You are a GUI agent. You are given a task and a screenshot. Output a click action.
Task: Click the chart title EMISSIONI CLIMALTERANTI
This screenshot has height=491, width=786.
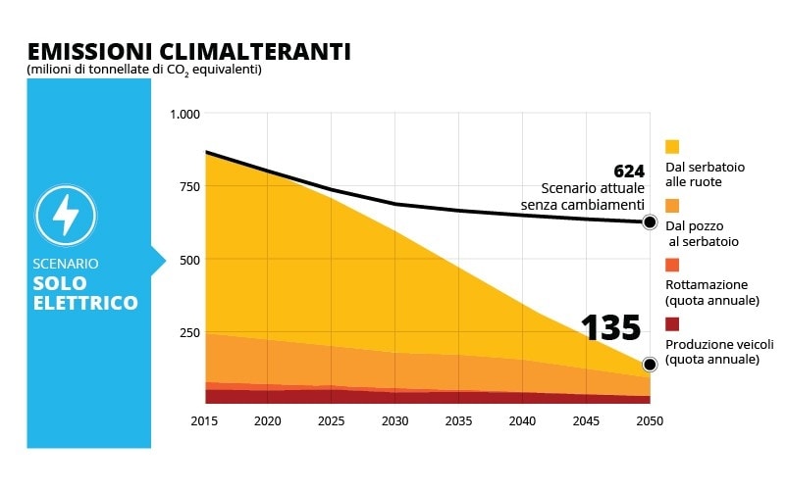coord(188,51)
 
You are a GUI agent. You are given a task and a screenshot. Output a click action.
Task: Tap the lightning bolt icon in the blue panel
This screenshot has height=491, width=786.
coord(66,215)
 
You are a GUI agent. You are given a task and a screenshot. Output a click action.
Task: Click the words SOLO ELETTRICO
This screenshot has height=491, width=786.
coord(86,293)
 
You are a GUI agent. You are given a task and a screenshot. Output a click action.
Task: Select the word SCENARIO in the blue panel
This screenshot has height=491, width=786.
coord(66,264)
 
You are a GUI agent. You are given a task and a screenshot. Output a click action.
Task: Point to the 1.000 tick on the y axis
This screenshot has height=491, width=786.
coord(184,115)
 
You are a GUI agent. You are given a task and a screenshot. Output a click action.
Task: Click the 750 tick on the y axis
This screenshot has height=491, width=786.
coord(188,187)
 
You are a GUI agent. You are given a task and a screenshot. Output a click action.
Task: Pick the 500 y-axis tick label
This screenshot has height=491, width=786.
coord(188,260)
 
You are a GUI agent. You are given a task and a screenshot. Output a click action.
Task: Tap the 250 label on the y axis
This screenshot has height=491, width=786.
coord(188,333)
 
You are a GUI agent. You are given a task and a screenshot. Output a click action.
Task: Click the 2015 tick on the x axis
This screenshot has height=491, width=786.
coord(205,421)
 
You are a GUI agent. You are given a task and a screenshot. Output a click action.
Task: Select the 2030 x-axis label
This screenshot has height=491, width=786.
coord(395,421)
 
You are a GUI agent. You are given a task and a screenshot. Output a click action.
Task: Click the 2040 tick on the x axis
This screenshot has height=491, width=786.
coord(523,421)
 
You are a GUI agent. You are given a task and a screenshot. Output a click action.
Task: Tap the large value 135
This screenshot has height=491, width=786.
coord(610,329)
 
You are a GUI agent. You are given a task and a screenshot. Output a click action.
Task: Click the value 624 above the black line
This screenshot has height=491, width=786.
coord(628,172)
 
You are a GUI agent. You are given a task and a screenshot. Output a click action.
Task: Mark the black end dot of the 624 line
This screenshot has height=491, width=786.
coord(650,222)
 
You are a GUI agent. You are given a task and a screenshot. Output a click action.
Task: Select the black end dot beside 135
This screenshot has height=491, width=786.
coord(650,365)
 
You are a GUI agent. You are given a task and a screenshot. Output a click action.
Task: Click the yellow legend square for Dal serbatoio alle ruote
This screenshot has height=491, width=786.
coord(672,147)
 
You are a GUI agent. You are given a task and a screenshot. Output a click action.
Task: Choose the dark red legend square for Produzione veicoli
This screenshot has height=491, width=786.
coord(672,324)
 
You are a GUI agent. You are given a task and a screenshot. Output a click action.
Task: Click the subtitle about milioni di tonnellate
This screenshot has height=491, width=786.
coord(143,70)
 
